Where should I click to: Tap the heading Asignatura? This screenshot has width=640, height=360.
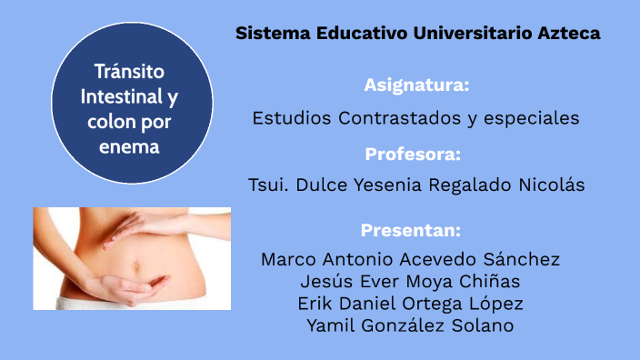coord(417,85)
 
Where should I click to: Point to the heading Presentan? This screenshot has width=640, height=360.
coord(411,229)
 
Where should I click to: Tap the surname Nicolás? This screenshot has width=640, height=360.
coord(551,185)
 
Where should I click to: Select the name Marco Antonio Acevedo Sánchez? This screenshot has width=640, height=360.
coord(411,259)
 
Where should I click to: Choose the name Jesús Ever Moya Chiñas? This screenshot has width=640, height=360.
coord(411,281)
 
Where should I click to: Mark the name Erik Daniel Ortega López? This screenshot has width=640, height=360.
coord(411,303)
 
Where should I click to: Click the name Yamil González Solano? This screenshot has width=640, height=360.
coord(411,325)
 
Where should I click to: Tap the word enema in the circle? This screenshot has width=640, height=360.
coord(131,145)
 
